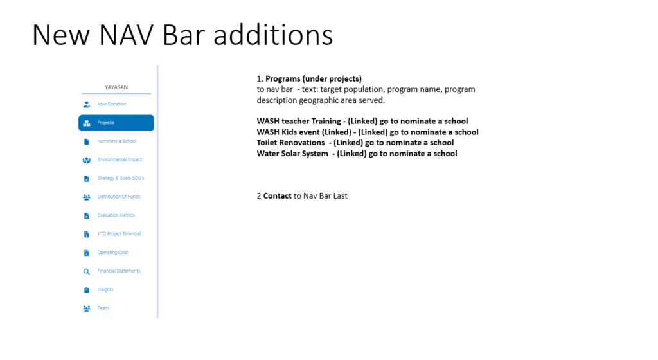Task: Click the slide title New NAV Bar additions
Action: [182, 35]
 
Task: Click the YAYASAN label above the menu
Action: [116, 87]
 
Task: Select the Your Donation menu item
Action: [112, 104]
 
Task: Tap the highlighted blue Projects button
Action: [116, 123]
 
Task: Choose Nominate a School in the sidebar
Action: [117, 141]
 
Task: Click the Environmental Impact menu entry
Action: [120, 159]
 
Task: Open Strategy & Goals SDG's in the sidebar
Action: [120, 178]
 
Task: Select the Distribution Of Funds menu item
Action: [119, 196]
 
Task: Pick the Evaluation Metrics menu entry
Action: [116, 215]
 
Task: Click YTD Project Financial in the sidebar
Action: [119, 234]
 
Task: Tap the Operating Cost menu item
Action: [112, 252]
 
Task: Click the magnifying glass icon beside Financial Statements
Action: [87, 271]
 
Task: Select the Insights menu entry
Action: [105, 289]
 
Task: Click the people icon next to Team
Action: [87, 309]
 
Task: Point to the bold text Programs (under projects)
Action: [314, 79]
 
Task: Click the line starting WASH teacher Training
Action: [362, 122]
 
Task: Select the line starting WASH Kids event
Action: [368, 132]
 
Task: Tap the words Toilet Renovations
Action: [291, 143]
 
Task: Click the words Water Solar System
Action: [292, 154]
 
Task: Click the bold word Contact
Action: [278, 196]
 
